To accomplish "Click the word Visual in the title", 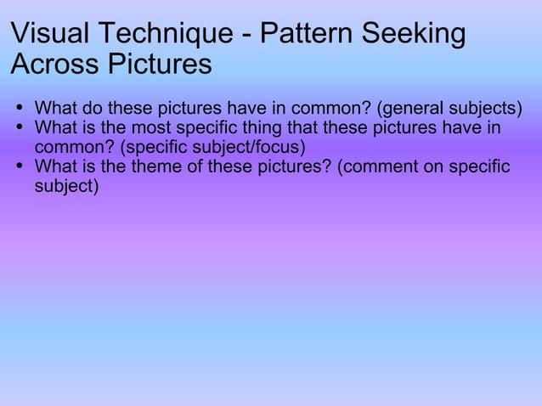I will (x=50, y=35).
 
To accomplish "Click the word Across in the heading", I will (x=51, y=65).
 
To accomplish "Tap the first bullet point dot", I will (x=20, y=110).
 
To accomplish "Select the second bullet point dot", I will (x=20, y=128).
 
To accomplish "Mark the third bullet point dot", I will (x=20, y=166).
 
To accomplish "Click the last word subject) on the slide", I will (x=66, y=184).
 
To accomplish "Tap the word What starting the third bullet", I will (x=55, y=166).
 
